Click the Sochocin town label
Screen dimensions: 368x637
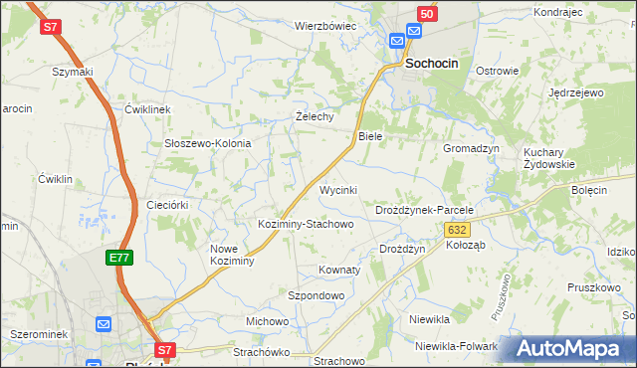432,64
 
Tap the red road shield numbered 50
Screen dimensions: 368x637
426,14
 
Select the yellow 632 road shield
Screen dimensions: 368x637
457,229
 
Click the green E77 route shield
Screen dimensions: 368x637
119,258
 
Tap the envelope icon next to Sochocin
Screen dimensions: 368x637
397,40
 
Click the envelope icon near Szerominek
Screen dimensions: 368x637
104,323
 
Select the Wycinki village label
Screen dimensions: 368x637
337,189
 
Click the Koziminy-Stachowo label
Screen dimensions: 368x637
306,224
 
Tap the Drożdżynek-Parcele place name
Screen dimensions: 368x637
423,211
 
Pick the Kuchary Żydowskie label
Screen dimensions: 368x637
549,158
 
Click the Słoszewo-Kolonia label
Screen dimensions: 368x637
207,143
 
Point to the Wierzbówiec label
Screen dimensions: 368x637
324,26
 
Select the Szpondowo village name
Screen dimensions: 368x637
316,295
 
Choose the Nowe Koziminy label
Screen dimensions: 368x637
233,255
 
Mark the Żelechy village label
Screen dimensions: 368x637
315,115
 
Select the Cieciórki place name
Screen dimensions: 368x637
167,204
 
